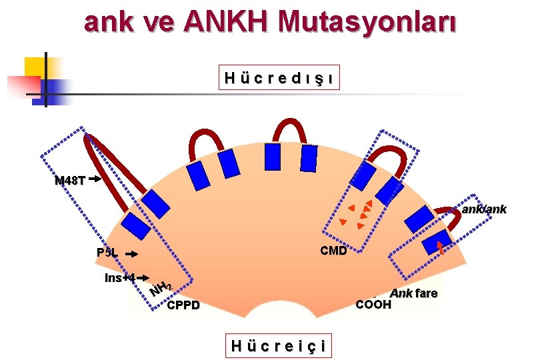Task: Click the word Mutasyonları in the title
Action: [368, 23]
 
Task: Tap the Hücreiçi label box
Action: [278, 345]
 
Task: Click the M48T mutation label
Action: [69, 180]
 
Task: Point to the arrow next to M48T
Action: [94, 179]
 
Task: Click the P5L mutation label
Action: [107, 253]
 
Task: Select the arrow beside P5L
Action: [132, 254]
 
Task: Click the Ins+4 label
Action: [120, 277]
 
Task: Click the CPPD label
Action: [183, 306]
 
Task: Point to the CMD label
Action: [333, 251]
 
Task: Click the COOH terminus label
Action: [374, 305]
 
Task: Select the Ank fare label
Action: [413, 293]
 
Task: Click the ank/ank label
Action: [485, 209]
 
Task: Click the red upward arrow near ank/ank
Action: [439, 248]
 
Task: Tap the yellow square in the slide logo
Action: [36, 67]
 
